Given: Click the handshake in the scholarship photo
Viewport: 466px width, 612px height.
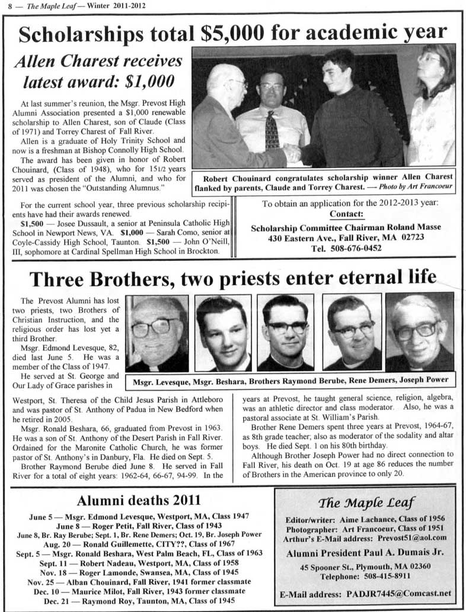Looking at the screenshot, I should [292, 153].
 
